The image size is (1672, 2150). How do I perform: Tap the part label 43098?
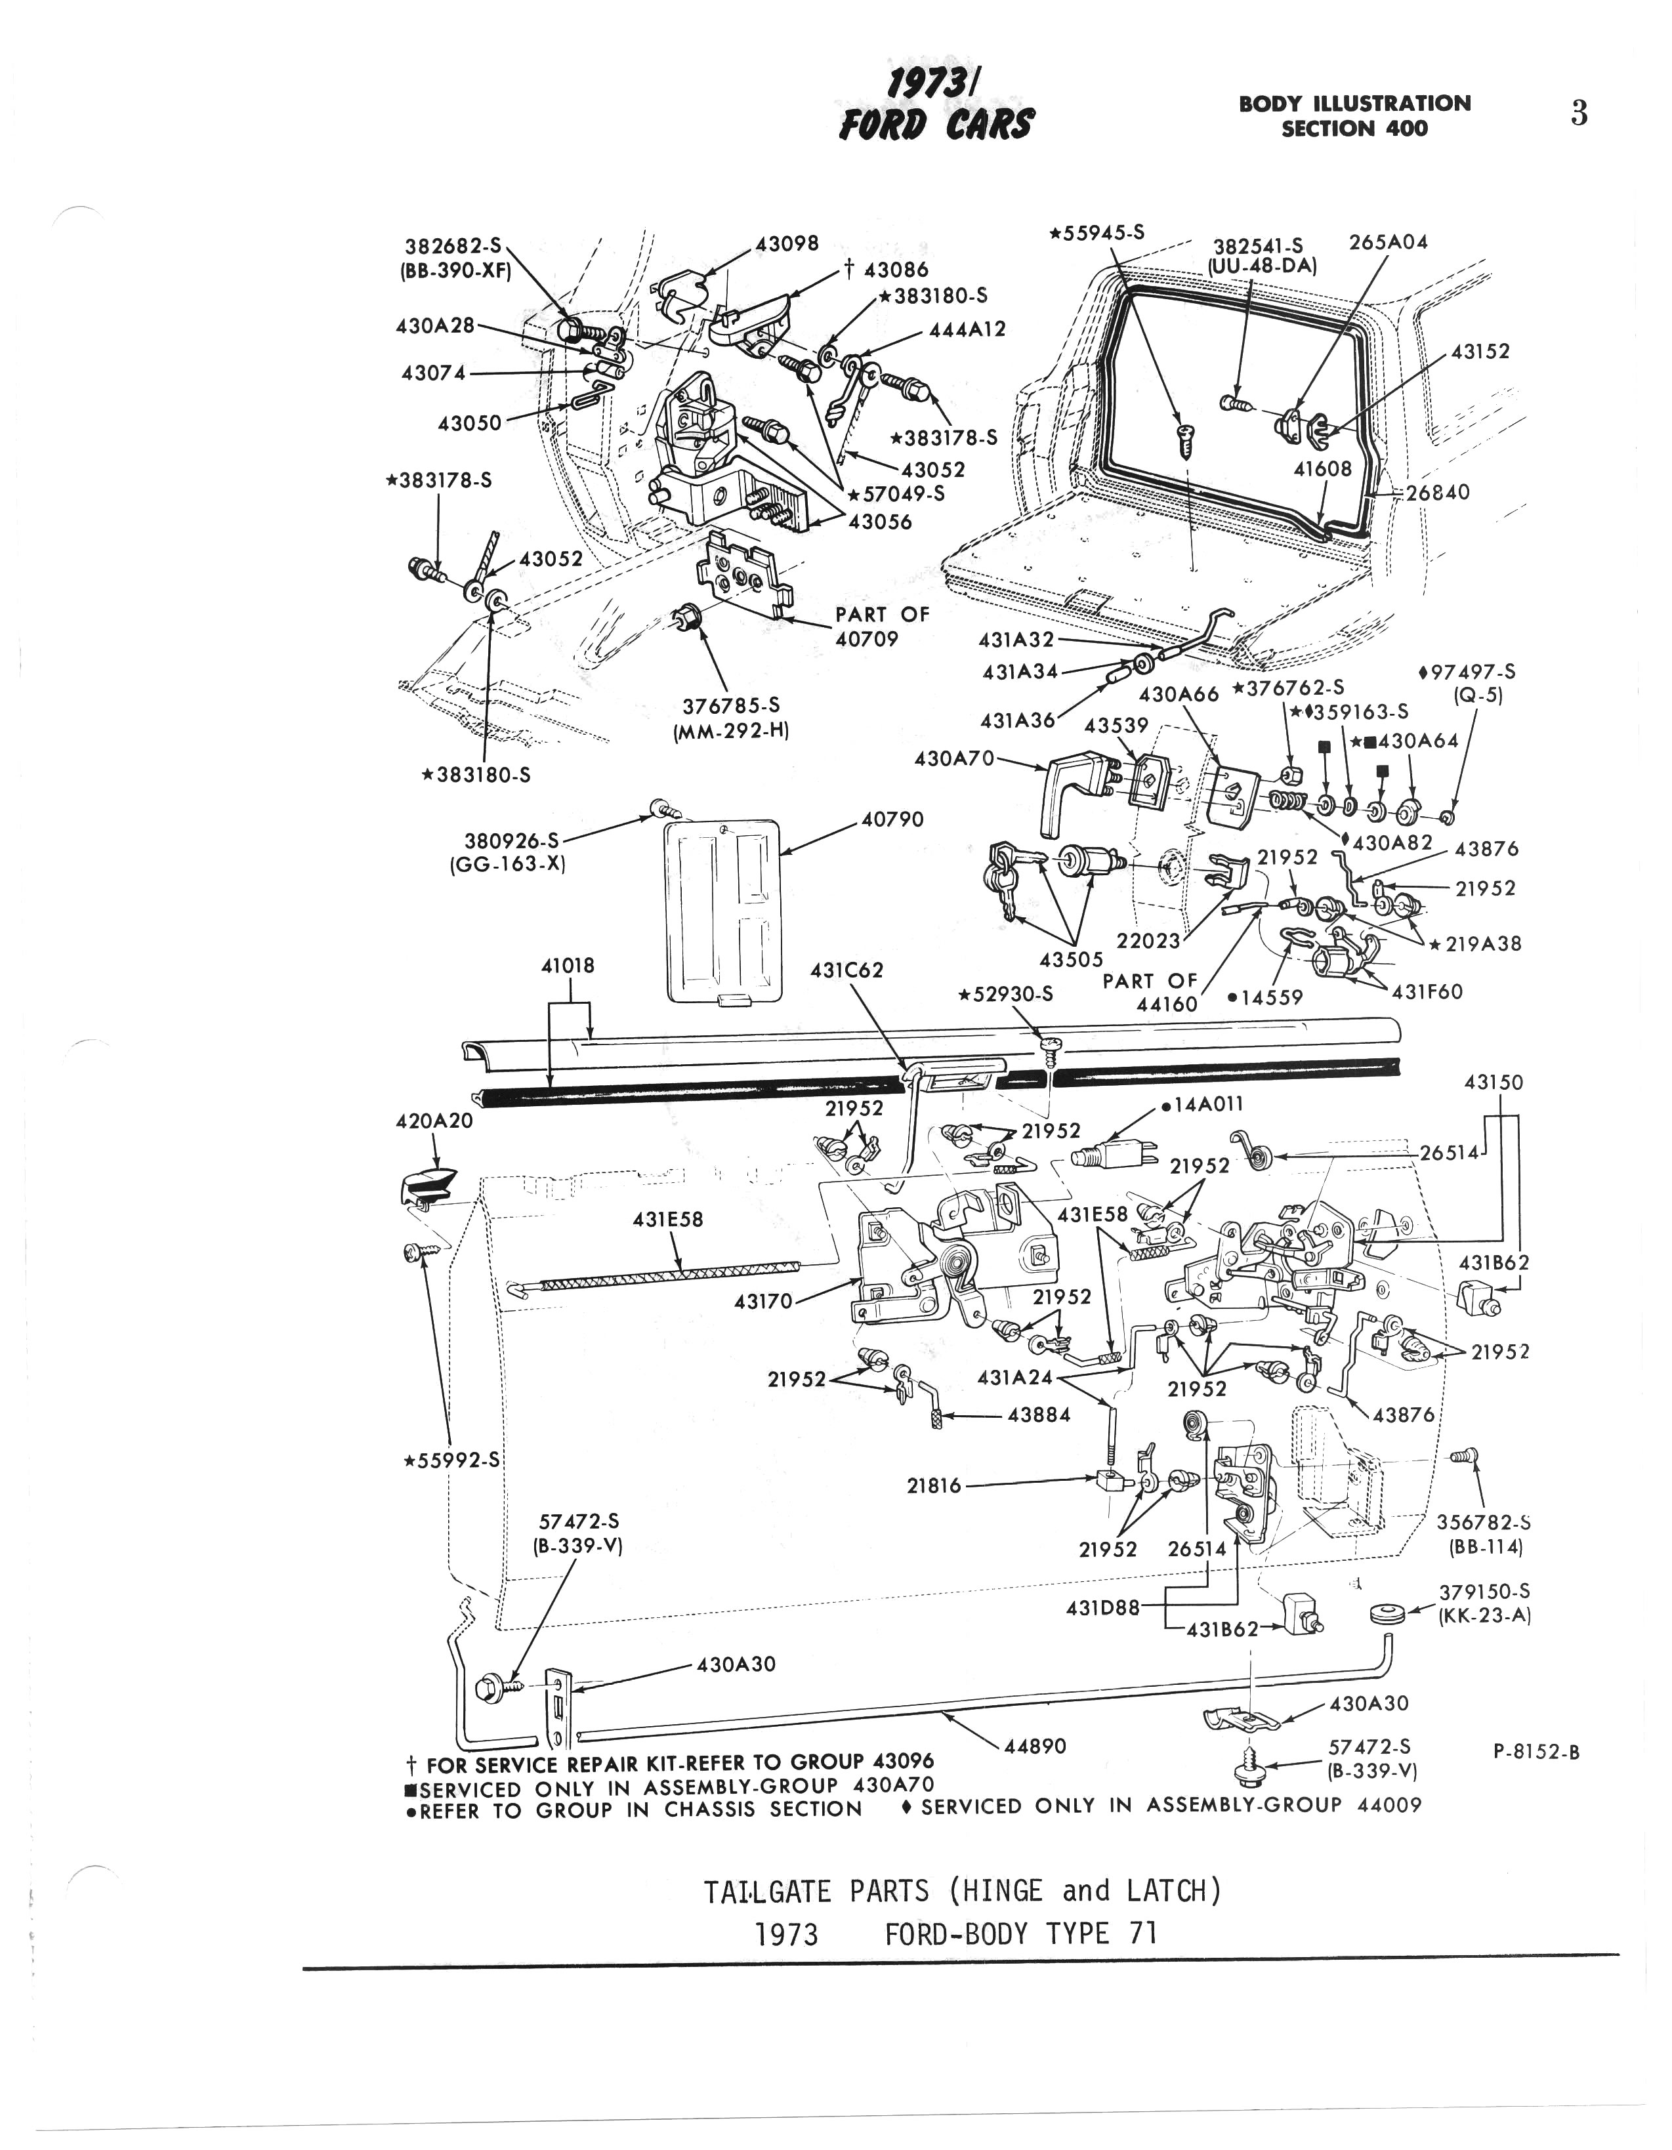coord(787,243)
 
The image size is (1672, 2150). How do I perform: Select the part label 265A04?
coord(1389,242)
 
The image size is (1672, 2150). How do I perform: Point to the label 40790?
coord(892,819)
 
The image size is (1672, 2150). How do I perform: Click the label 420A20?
coord(434,1121)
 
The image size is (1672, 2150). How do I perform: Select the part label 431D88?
coord(1102,1607)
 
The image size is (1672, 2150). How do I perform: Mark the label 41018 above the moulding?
coord(568,966)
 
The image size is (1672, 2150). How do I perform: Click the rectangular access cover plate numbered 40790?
coord(722,911)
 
